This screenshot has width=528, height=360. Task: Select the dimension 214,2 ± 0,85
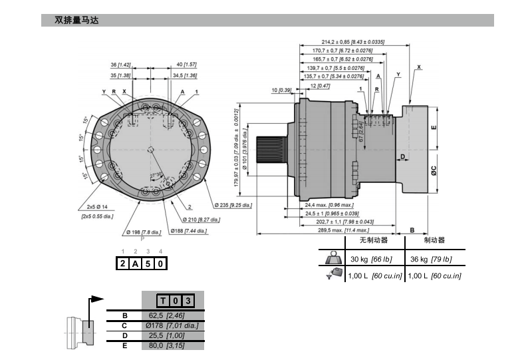[352, 42]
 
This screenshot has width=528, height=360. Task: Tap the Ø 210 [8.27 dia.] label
[201, 218]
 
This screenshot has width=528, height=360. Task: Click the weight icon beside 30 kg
[332, 259]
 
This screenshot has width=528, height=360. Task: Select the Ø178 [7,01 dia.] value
[172, 325]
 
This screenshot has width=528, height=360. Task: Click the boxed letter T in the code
[163, 301]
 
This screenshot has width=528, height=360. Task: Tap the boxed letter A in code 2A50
[136, 264]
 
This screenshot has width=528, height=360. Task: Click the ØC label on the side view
[433, 170]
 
